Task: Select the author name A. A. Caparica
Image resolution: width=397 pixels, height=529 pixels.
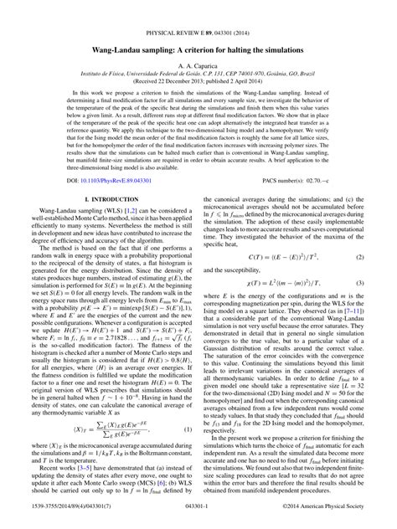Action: [198, 52]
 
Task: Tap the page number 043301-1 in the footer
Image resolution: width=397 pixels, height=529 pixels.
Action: [198, 521]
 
